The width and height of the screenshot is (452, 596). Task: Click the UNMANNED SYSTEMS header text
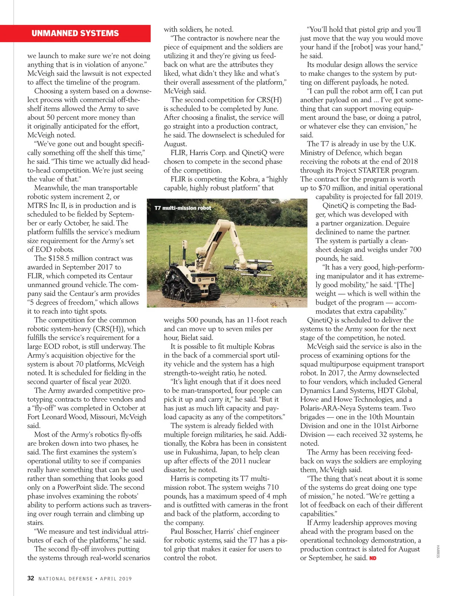(75, 33)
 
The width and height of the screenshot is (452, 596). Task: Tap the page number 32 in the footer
(31, 578)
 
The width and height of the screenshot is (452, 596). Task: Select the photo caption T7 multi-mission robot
(183, 208)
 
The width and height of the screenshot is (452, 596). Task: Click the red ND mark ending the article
(373, 558)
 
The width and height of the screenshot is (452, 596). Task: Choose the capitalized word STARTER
(385, 170)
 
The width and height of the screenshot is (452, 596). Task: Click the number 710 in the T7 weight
(273, 487)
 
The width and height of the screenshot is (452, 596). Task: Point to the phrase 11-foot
(259, 320)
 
